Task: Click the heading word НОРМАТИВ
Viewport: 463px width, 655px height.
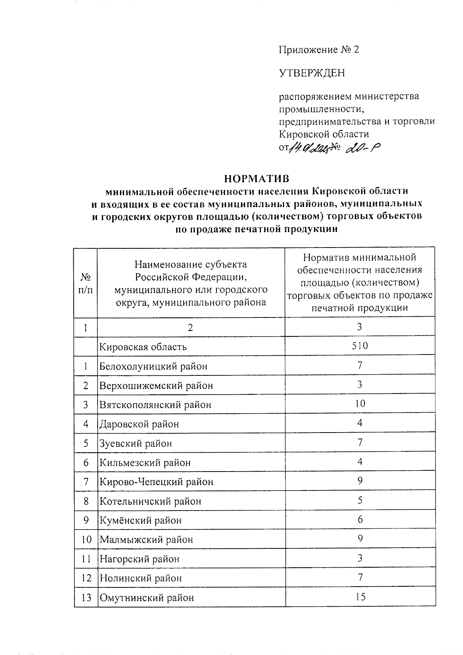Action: coord(256,179)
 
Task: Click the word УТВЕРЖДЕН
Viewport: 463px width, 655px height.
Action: coord(312,73)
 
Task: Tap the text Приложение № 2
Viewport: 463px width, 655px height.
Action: coord(319,49)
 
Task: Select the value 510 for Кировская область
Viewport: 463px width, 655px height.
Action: coord(360,346)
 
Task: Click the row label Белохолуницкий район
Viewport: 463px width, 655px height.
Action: coord(153,366)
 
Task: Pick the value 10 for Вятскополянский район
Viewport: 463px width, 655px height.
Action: coord(360,404)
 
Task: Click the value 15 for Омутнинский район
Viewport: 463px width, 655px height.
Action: coord(360,597)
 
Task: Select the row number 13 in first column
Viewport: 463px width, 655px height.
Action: coord(86,597)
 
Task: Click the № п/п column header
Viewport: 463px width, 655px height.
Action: coord(86,283)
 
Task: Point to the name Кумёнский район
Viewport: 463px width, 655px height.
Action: coord(140,520)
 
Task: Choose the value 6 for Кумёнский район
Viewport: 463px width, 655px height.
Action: coord(360,519)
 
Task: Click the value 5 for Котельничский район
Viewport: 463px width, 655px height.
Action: coord(360,500)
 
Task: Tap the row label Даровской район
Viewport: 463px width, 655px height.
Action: coord(139,424)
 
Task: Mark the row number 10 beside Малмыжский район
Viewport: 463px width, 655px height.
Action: coord(86,540)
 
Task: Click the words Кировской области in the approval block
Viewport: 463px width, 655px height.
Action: coord(324,134)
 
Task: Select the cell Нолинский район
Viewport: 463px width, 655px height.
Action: coord(141,578)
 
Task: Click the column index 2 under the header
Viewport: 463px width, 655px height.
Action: coord(190,327)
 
